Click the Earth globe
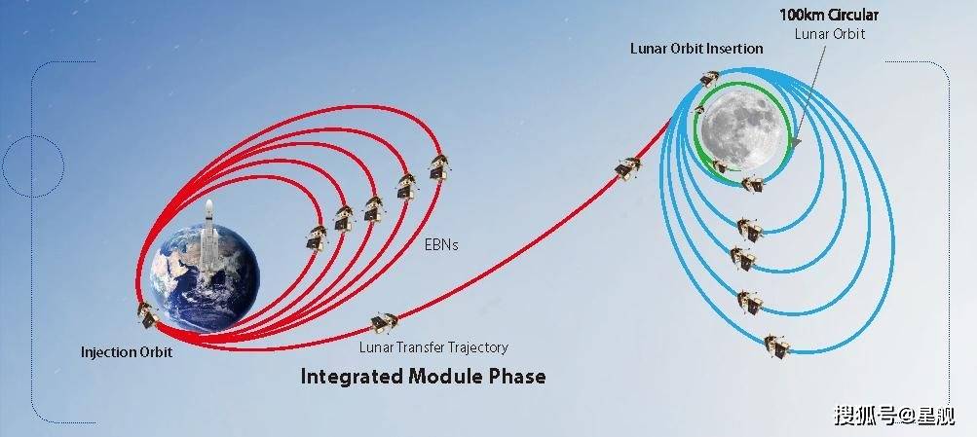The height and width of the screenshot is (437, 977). click(205, 277)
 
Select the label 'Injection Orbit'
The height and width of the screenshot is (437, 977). click(127, 352)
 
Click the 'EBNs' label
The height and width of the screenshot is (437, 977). click(441, 245)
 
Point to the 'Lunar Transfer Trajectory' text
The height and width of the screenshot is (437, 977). click(433, 347)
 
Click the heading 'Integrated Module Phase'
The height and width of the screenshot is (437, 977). click(423, 377)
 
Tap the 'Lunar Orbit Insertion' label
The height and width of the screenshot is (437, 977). click(696, 49)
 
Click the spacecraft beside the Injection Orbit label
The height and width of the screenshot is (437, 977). click(148, 315)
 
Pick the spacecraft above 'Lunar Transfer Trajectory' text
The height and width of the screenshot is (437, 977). click(384, 322)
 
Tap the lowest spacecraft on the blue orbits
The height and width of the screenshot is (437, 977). click(776, 346)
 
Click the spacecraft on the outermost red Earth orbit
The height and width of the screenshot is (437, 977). click(439, 168)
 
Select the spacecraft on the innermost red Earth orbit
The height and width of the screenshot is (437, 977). click(317, 237)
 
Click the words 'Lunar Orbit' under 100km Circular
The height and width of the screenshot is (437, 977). click(830, 34)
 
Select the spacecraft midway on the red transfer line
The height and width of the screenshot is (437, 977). click(627, 168)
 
